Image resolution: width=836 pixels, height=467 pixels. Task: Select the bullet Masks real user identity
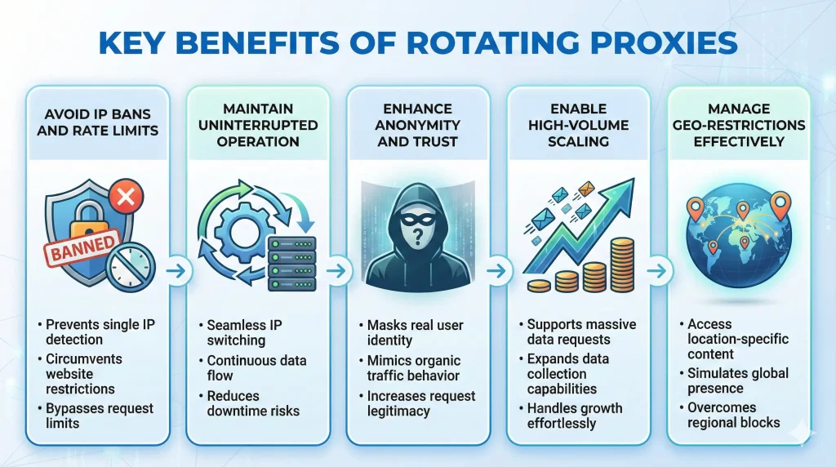coord(416,332)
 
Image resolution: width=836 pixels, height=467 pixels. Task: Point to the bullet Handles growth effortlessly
coord(576,416)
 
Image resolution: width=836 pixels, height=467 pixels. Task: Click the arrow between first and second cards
coord(178,269)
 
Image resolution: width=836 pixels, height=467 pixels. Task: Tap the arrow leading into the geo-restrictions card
coord(659,269)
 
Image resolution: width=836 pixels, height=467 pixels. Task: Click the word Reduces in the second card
coord(233,394)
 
